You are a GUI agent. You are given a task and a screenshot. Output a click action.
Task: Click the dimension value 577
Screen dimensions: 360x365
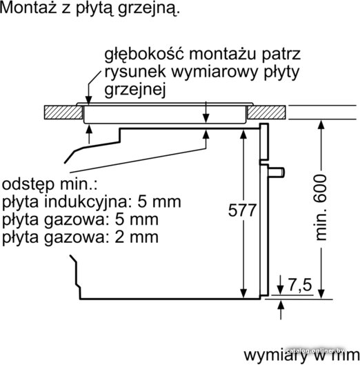(x=242, y=210)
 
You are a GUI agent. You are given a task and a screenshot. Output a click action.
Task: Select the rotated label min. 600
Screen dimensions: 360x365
(x=321, y=208)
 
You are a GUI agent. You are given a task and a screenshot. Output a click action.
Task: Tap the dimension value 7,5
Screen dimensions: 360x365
(x=300, y=285)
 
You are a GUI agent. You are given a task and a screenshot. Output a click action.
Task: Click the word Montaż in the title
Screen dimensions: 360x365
(x=28, y=8)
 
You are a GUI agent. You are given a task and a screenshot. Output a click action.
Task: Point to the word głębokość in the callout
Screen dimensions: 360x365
(x=144, y=55)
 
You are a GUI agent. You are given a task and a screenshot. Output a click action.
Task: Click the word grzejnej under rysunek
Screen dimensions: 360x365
(x=135, y=90)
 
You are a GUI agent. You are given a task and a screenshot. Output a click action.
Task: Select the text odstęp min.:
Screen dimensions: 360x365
(x=50, y=185)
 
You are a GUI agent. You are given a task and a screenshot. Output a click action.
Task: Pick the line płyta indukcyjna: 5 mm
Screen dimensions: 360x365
(x=91, y=202)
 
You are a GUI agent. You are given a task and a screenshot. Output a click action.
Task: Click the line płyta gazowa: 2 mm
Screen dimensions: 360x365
(x=80, y=237)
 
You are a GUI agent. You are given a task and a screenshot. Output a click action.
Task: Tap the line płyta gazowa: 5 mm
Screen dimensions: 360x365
(x=80, y=220)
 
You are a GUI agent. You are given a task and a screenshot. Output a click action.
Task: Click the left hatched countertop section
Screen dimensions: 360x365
(x=63, y=112)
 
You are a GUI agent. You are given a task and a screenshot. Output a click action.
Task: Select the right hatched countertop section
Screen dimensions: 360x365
(x=266, y=112)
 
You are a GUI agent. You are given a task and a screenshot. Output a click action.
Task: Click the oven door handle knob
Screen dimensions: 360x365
(x=277, y=172)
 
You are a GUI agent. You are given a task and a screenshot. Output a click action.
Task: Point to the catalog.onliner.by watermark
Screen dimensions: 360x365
(x=315, y=351)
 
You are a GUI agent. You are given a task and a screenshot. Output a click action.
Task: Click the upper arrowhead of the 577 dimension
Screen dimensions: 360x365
(x=243, y=135)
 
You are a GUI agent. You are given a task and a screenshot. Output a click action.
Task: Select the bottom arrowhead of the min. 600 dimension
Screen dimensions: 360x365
(x=321, y=293)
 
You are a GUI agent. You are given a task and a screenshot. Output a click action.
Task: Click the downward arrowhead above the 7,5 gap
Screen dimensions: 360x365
(x=281, y=290)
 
